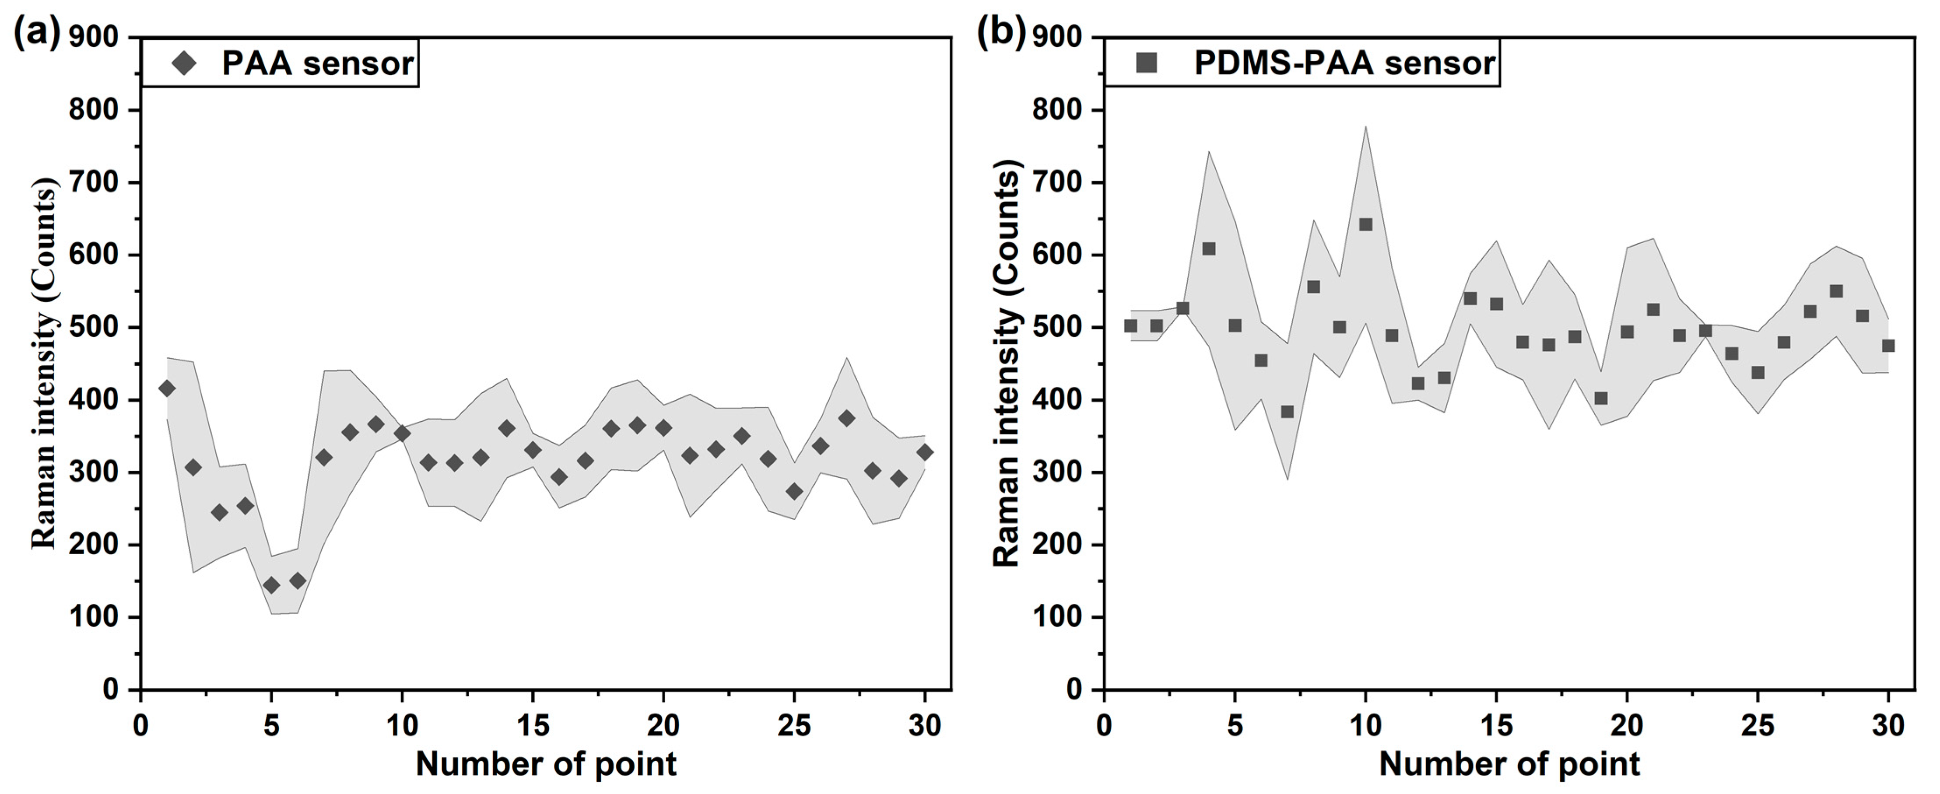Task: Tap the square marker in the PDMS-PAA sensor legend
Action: click(x=1146, y=63)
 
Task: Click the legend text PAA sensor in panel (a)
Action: click(x=317, y=63)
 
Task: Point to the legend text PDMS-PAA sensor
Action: click(x=1344, y=63)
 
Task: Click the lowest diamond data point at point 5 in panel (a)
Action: click(x=271, y=585)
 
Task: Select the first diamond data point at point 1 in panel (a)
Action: click(x=167, y=388)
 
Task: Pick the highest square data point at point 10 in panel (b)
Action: click(x=1365, y=224)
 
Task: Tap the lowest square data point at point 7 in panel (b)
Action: click(x=1287, y=412)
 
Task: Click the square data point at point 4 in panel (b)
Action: click(x=1209, y=249)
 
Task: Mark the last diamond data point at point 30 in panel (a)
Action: click(x=925, y=452)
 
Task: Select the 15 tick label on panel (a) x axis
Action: click(x=533, y=726)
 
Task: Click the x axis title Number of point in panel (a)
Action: click(x=546, y=764)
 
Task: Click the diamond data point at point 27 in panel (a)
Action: click(x=846, y=419)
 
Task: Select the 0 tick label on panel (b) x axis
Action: click(x=1104, y=726)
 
